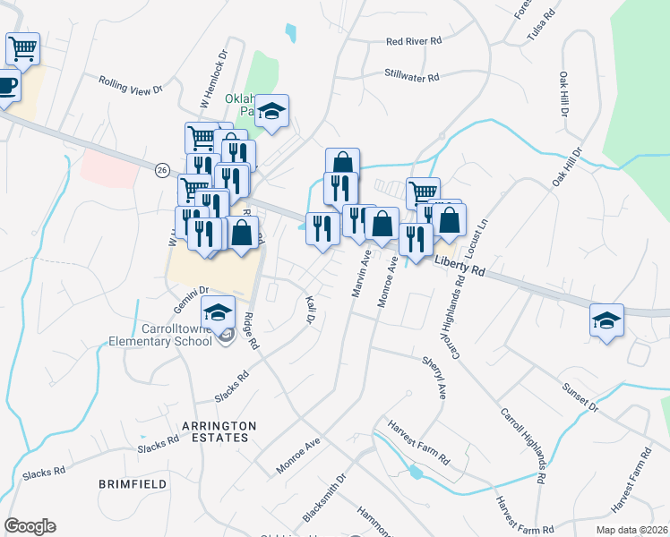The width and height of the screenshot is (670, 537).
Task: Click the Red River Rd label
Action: click(414, 41)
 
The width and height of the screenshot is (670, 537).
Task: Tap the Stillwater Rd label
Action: click(411, 76)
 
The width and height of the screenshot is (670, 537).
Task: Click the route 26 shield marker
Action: click(162, 170)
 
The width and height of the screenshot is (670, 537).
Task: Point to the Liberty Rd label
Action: click(459, 265)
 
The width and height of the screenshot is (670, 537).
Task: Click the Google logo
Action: click(30, 526)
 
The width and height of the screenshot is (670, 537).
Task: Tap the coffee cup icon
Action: click(6, 87)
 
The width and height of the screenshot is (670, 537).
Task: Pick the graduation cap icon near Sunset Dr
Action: click(606, 320)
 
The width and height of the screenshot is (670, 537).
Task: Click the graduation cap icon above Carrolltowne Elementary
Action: click(218, 311)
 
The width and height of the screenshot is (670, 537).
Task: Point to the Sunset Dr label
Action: click(580, 399)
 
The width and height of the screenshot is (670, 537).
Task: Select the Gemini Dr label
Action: click(191, 290)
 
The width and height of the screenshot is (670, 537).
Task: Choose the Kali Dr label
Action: click(311, 308)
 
